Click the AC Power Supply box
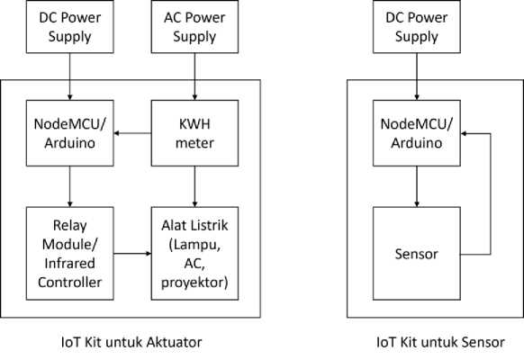tap(194, 26)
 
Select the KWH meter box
tap(194, 133)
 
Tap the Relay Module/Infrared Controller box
tap(70, 254)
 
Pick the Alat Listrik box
tap(194, 254)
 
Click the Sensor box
tap(417, 254)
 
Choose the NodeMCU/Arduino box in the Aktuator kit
tap(70, 133)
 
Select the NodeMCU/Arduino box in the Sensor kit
tap(417, 133)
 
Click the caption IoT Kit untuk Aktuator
tap(131, 342)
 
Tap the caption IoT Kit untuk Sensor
tap(440, 342)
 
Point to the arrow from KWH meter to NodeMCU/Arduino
tap(132, 133)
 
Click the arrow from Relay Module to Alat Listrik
tap(132, 254)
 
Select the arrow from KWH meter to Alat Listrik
tap(194, 186)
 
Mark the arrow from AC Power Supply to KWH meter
tap(194, 76)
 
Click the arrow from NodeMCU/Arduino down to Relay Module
tap(70, 186)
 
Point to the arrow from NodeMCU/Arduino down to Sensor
tap(417, 186)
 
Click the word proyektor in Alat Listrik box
tap(194, 283)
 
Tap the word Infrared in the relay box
tap(70, 263)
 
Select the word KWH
tap(194, 124)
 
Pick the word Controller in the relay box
tap(70, 283)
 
